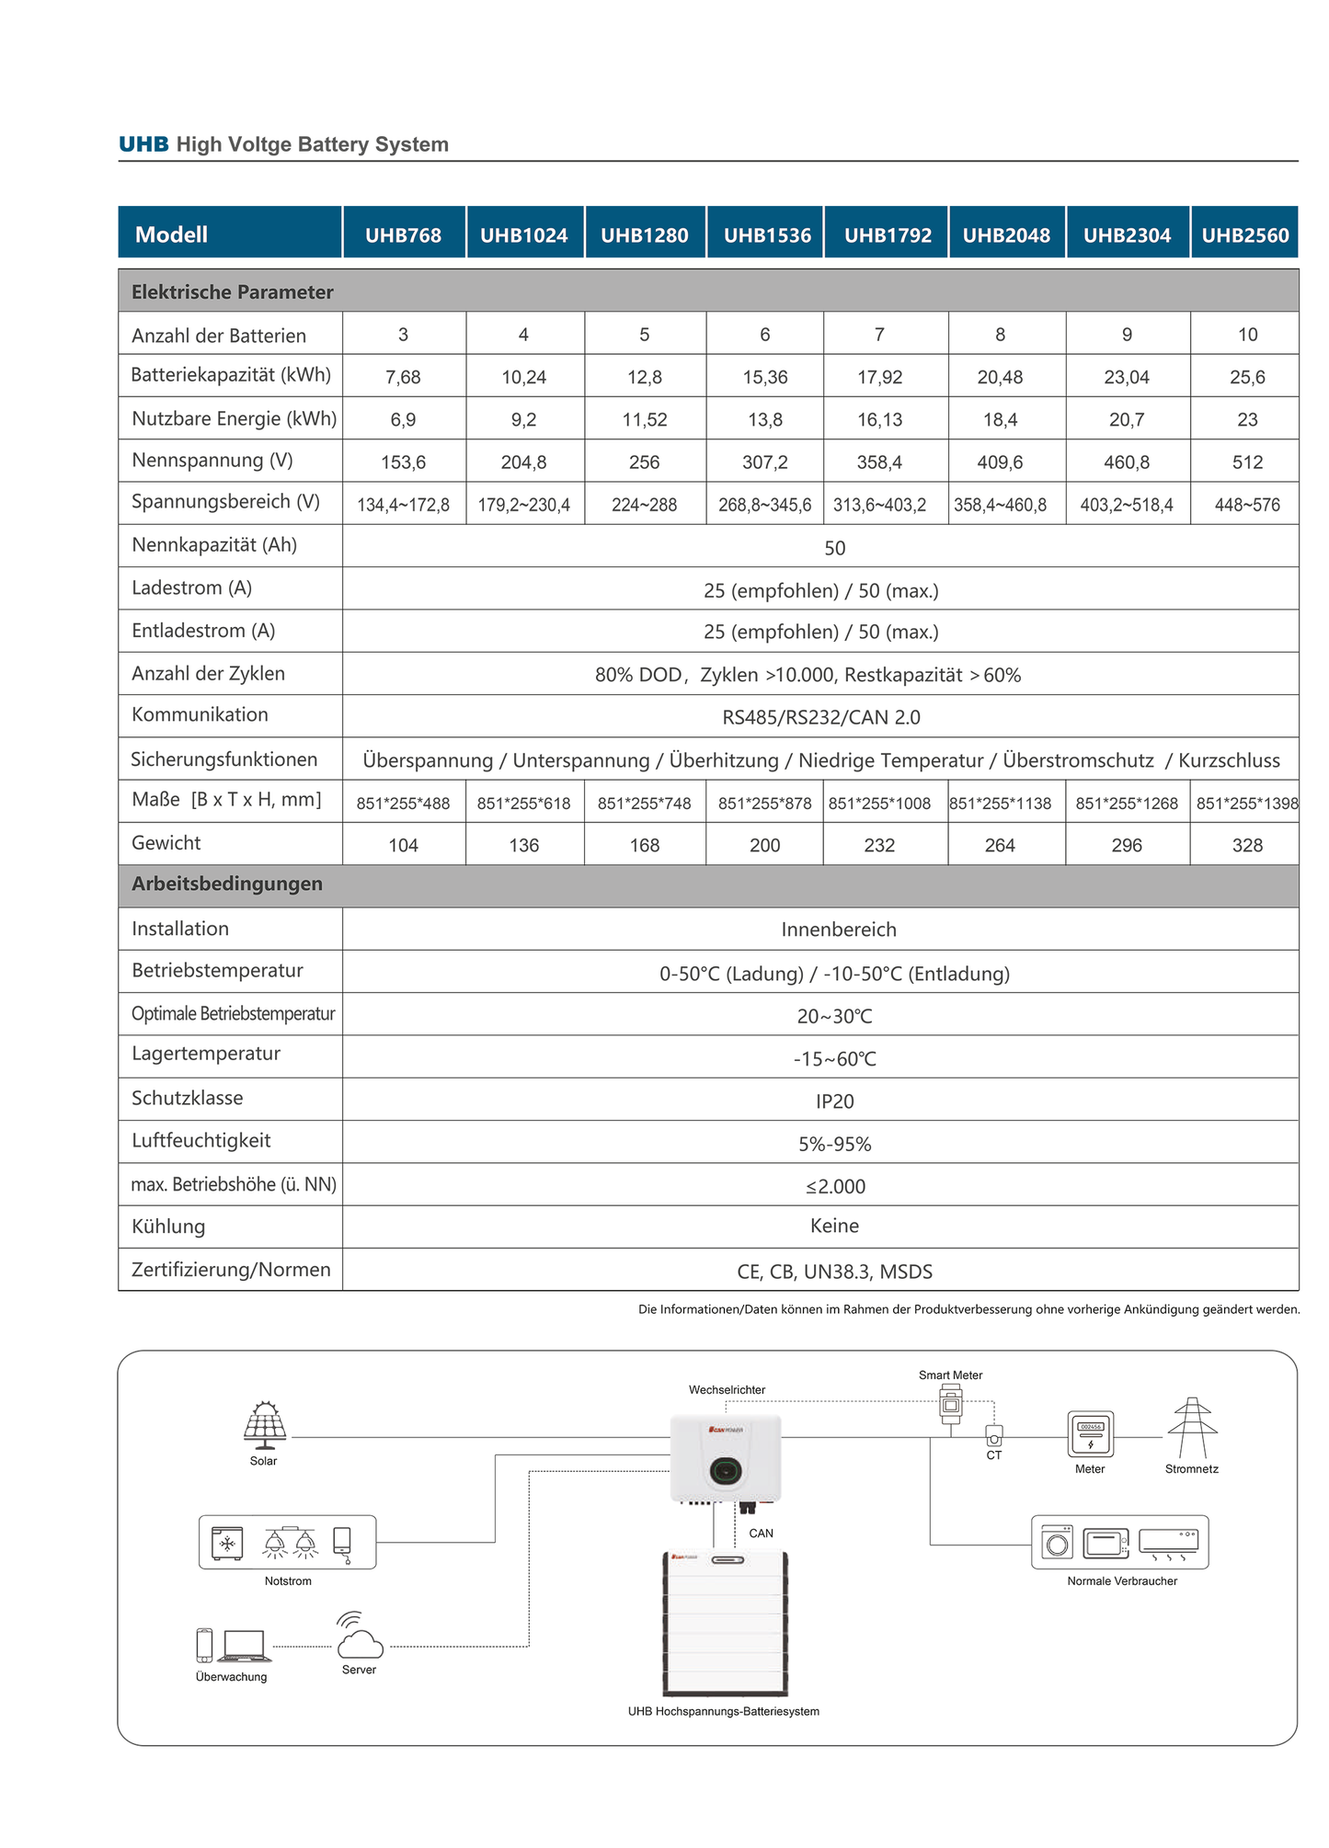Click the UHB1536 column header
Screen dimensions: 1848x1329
point(767,235)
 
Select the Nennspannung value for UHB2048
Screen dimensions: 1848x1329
point(1000,462)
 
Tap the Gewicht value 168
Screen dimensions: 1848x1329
point(644,845)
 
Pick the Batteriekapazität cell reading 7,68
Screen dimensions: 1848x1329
point(403,377)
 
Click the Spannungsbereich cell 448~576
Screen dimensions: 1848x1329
point(1246,505)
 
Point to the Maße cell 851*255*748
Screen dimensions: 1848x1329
point(644,804)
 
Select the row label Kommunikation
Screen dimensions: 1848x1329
point(200,715)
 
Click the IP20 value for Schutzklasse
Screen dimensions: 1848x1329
point(834,1101)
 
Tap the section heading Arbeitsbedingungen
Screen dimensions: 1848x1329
point(227,884)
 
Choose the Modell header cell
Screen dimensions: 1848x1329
point(171,234)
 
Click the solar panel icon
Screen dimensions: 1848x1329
point(265,1424)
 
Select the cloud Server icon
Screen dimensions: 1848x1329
point(359,1639)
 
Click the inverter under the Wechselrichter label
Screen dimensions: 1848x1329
point(726,1458)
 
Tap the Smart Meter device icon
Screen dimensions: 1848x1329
point(950,1404)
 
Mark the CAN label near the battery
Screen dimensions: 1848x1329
point(761,1533)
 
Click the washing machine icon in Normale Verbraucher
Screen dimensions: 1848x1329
point(1057,1543)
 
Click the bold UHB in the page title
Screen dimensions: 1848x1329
point(143,144)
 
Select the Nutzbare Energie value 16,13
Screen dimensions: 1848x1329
point(879,420)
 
